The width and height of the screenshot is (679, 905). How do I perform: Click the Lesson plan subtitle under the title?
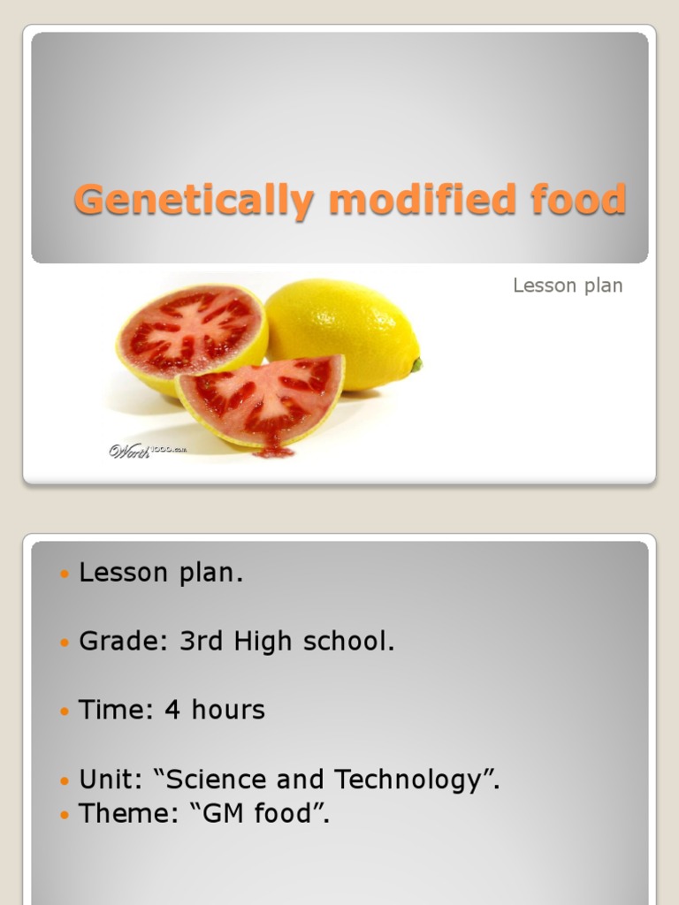(x=568, y=285)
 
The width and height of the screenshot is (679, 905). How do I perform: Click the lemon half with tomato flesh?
(x=192, y=334)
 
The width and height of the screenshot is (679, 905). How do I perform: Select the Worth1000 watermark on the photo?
(x=147, y=451)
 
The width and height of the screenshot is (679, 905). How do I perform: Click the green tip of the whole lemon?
(x=416, y=363)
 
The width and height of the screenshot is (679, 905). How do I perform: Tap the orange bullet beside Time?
(x=63, y=711)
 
